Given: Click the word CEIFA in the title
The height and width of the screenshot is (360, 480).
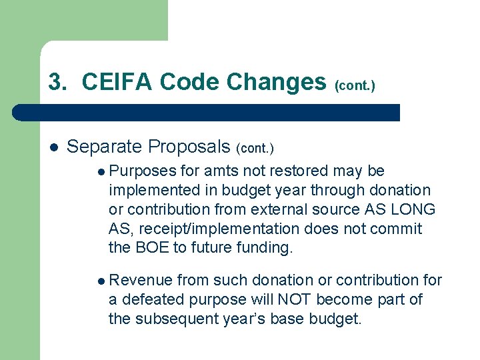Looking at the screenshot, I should click(x=117, y=81).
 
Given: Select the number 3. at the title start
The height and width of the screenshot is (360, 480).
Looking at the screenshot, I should click(x=58, y=81).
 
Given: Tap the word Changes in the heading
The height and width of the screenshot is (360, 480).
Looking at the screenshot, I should click(x=276, y=81).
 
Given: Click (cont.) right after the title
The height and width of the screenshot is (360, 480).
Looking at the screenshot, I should click(x=355, y=85).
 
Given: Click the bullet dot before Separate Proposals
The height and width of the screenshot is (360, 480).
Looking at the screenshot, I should click(x=53, y=146).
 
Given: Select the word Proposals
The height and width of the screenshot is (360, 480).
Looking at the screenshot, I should click(x=189, y=146).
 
